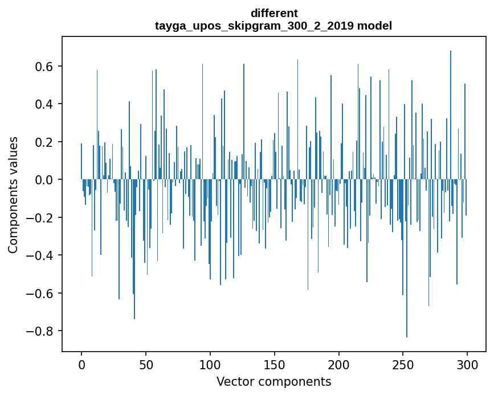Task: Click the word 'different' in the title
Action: pyautogui.click(x=273, y=13)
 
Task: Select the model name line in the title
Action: pyautogui.click(x=273, y=26)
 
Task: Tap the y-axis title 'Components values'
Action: pyautogui.click(x=13, y=195)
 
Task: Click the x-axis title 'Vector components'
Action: pyautogui.click(x=273, y=381)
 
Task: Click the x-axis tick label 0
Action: pyautogui.click(x=81, y=364)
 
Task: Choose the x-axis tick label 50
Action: pyautogui.click(x=146, y=364)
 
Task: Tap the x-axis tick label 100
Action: pyautogui.click(x=210, y=364)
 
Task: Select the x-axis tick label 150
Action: pyautogui.click(x=275, y=364)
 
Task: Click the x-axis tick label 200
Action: pyautogui.click(x=339, y=364)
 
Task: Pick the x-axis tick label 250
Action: pyautogui.click(x=403, y=364)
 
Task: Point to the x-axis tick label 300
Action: pyautogui.click(x=467, y=364)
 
